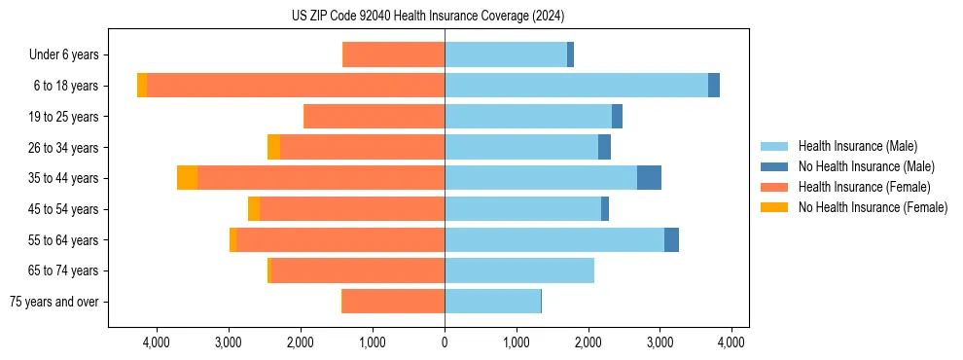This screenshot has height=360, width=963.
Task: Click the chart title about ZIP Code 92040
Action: (x=428, y=16)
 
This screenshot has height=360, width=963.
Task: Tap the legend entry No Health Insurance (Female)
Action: (x=873, y=207)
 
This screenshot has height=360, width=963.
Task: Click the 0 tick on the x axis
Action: (x=445, y=342)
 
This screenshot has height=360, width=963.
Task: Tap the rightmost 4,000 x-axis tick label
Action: (x=731, y=342)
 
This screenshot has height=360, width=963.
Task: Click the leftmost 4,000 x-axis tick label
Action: (x=157, y=342)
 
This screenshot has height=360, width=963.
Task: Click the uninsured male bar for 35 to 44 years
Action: (x=649, y=178)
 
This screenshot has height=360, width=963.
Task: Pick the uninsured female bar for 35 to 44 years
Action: (x=187, y=178)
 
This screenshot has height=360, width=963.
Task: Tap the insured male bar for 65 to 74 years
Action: (x=519, y=270)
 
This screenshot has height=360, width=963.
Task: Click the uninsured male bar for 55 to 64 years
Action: (x=671, y=239)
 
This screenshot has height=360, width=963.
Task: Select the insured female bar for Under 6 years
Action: (x=394, y=55)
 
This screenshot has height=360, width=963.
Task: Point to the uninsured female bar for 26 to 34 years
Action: (x=273, y=147)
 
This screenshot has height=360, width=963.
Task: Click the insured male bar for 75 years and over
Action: (x=492, y=302)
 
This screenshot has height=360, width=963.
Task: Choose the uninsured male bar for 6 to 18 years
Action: (x=714, y=86)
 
